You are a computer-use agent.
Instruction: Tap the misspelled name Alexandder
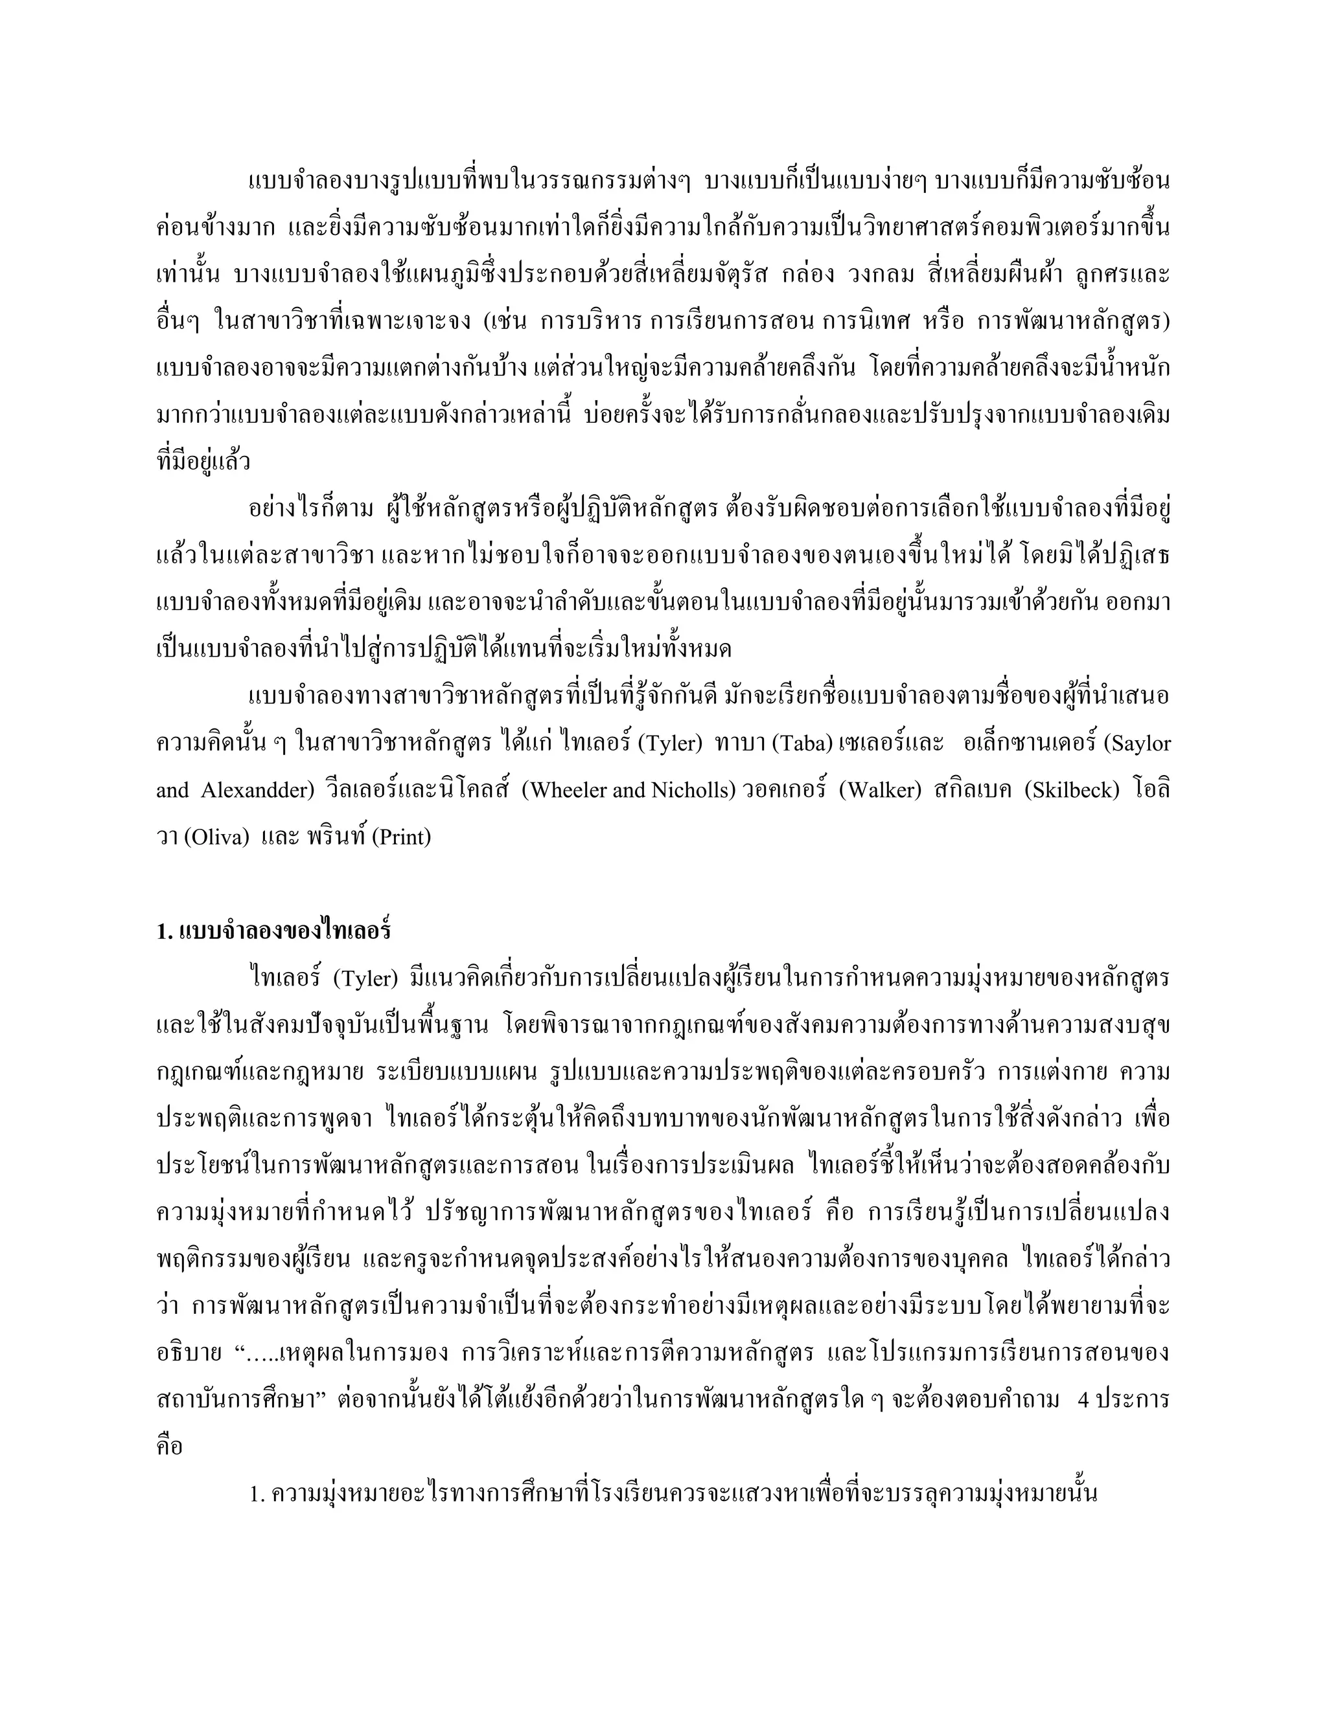(x=257, y=789)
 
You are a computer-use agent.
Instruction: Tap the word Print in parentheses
(x=405, y=837)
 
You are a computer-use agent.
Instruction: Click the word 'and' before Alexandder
(x=172, y=789)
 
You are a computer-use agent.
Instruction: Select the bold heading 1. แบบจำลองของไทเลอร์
(x=273, y=931)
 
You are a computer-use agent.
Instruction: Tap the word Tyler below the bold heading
(x=362, y=978)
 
